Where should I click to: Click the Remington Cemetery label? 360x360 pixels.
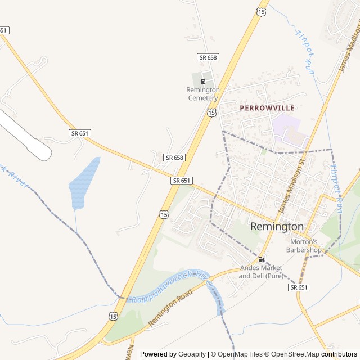point(202,93)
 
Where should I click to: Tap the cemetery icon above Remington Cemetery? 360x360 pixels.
point(202,82)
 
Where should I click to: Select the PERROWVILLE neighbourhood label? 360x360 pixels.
point(267,107)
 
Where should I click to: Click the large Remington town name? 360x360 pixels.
point(277,226)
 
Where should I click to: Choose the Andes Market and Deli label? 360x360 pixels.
point(261,272)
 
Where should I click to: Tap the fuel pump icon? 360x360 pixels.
point(261,259)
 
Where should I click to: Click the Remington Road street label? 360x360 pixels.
point(170,308)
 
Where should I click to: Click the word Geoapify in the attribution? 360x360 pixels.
point(192,354)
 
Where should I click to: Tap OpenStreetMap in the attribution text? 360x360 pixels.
point(292,354)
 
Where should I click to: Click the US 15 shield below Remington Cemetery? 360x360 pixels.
point(211,112)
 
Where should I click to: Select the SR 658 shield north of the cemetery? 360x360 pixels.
point(208,57)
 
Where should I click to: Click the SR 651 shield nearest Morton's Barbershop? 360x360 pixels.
point(299,287)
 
